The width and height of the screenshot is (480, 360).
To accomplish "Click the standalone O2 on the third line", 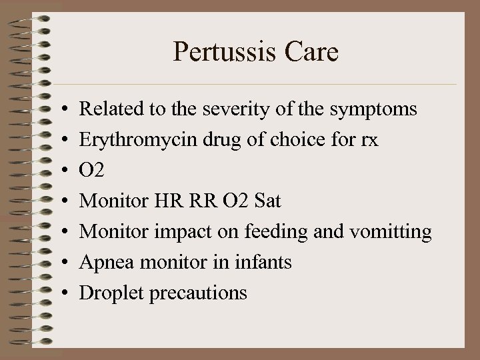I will [x=92, y=171].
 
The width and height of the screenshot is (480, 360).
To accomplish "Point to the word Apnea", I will [x=101, y=263].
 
